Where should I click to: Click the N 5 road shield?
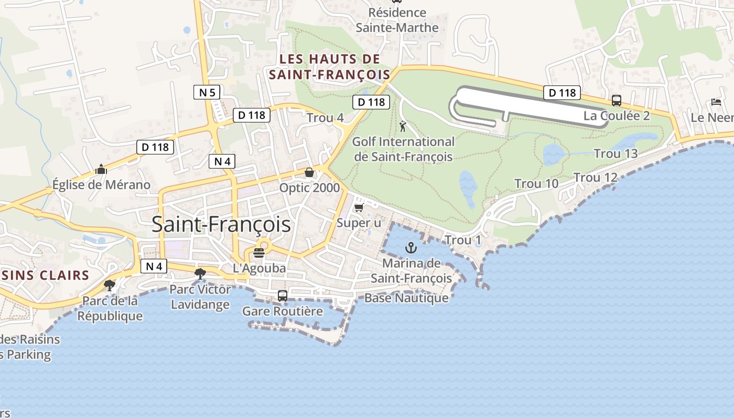tap(207, 93)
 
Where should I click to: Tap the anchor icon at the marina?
tap(411, 248)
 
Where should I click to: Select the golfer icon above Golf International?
tap(403, 126)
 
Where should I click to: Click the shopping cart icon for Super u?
tap(359, 208)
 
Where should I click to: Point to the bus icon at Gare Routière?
tap(282, 296)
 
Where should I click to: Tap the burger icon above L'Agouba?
tap(259, 253)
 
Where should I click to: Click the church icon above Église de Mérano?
tap(101, 169)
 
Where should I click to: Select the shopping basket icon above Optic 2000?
tap(309, 172)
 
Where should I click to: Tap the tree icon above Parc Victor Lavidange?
tap(200, 273)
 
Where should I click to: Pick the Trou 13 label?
tap(616, 153)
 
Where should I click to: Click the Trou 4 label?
tap(325, 118)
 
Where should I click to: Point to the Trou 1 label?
tap(462, 240)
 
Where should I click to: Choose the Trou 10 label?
tap(536, 184)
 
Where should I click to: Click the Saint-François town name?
tap(221, 224)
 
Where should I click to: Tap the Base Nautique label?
tap(406, 298)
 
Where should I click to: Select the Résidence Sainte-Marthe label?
tap(397, 20)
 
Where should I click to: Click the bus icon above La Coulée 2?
tap(617, 101)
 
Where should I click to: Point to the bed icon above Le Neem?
tap(716, 102)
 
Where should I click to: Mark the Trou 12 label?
tap(596, 178)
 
